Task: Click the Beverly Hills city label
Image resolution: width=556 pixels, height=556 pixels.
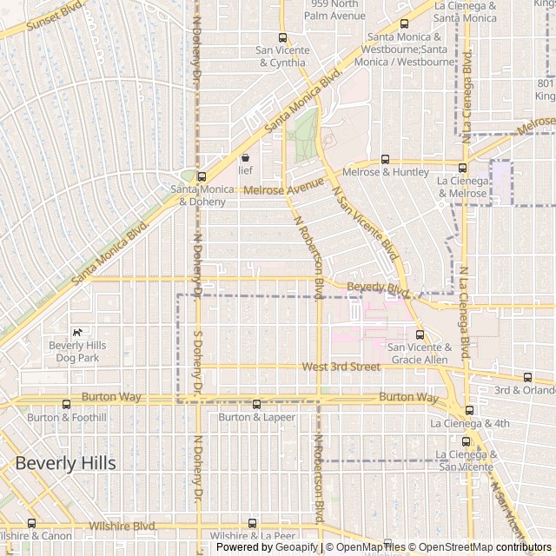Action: pyautogui.click(x=65, y=463)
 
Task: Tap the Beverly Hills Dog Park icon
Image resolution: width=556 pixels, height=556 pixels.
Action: pyautogui.click(x=77, y=332)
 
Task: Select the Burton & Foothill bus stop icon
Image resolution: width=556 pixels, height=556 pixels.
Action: pyautogui.click(x=67, y=404)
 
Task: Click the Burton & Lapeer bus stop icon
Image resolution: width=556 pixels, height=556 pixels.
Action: pyautogui.click(x=256, y=404)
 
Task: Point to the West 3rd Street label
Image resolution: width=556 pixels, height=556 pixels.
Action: pyautogui.click(x=341, y=367)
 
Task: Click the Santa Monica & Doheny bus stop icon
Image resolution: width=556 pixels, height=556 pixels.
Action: pyautogui.click(x=202, y=176)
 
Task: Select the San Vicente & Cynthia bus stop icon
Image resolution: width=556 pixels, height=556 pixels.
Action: pyautogui.click(x=281, y=37)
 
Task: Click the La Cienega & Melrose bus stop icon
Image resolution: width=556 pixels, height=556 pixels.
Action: pyautogui.click(x=462, y=168)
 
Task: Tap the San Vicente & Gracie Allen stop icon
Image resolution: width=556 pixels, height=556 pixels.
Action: pyautogui.click(x=420, y=334)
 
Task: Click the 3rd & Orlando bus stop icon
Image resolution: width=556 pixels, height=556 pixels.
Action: pyautogui.click(x=527, y=377)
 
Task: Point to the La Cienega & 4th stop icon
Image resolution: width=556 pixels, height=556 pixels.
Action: pyautogui.click(x=469, y=410)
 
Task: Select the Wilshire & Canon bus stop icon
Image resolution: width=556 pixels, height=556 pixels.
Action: pyautogui.click(x=32, y=523)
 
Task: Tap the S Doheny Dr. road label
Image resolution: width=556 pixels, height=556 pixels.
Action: pyautogui.click(x=198, y=360)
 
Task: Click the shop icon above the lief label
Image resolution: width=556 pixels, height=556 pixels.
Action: pyautogui.click(x=245, y=158)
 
